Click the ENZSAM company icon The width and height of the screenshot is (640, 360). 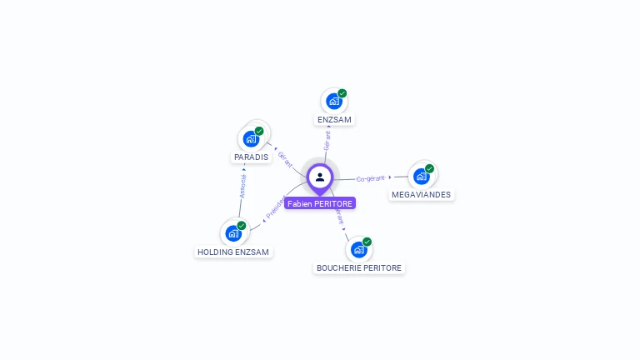coord(333,102)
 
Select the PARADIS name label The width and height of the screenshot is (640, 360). coord(251,157)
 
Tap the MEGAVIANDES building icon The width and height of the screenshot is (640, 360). coord(421,176)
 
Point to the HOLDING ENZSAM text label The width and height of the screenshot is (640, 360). coord(234,252)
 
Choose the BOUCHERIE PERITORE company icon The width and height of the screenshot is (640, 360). coord(358,250)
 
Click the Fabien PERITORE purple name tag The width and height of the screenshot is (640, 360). coord(320,203)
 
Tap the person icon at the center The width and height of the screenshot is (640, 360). coord(320,177)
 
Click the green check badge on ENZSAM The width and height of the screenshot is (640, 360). coord(342,93)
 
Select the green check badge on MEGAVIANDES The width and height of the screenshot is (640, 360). coord(430,168)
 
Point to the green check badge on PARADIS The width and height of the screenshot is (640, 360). coord(259,131)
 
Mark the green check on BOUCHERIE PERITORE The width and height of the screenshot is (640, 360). coord(367,242)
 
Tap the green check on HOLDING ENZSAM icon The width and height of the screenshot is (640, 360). coord(242,225)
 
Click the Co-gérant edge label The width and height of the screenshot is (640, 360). coord(371,178)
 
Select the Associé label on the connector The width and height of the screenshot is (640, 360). coord(242,186)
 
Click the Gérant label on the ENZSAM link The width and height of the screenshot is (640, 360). coord(327,140)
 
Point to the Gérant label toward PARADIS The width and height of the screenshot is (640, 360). coord(285,158)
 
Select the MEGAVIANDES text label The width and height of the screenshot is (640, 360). coord(422,195)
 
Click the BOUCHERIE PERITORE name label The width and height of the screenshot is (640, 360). coord(359,268)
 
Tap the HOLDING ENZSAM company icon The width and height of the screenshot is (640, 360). coord(233,233)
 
